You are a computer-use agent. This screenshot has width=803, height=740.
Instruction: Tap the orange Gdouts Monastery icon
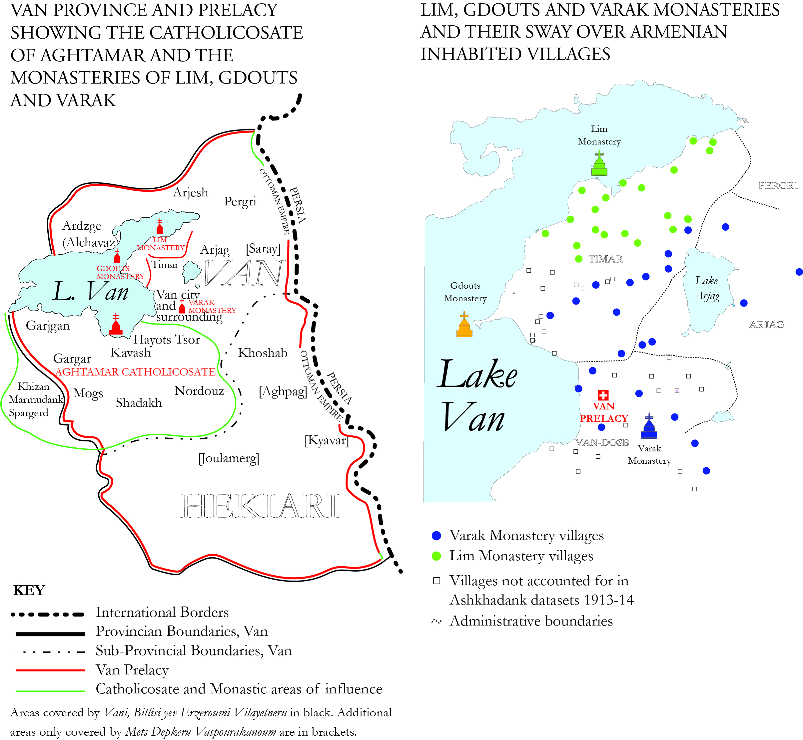click(464, 325)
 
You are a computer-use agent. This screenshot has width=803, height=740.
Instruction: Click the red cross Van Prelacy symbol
click(603, 395)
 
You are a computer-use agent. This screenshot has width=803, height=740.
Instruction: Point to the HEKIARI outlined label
click(260, 507)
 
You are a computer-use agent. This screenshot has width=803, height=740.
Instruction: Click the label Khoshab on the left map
click(263, 353)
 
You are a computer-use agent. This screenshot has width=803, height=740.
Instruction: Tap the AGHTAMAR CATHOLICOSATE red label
click(135, 372)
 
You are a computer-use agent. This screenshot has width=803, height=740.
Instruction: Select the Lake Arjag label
click(707, 288)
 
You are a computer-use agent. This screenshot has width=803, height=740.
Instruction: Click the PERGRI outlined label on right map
click(778, 185)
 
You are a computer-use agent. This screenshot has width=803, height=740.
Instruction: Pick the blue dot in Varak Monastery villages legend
click(436, 536)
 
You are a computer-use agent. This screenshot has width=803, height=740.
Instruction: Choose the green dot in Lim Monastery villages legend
click(436, 556)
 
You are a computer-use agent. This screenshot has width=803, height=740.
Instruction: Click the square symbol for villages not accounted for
click(437, 581)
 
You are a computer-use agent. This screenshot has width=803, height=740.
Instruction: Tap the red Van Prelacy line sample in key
click(50, 670)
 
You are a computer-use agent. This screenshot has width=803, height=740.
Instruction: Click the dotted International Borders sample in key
click(48, 614)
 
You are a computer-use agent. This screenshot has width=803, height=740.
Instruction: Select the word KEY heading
click(29, 590)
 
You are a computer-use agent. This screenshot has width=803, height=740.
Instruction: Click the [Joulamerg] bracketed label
click(229, 458)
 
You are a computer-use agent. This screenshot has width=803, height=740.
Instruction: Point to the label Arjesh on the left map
click(191, 193)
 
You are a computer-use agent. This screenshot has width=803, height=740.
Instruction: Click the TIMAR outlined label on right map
click(605, 259)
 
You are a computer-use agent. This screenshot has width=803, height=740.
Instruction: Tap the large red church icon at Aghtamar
click(116, 325)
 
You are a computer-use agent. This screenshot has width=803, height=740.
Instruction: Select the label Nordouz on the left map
click(199, 391)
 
